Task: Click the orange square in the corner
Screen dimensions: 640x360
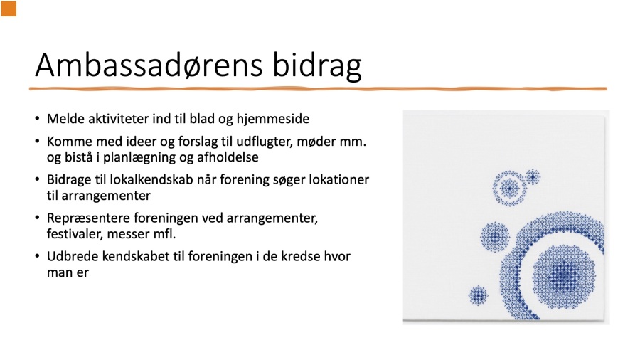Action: tap(9, 9)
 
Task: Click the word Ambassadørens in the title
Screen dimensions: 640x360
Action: tap(149, 65)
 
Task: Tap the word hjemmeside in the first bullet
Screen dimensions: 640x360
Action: tap(272, 120)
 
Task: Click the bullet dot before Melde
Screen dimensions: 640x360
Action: tap(38, 119)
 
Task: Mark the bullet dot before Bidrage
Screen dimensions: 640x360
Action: tap(38, 179)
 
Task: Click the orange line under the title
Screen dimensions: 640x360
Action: tap(318, 88)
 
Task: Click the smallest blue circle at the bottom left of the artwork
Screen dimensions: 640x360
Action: tap(478, 295)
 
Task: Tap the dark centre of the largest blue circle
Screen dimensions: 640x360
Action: tap(564, 276)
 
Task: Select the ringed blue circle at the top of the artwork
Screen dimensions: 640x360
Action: tap(510, 188)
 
